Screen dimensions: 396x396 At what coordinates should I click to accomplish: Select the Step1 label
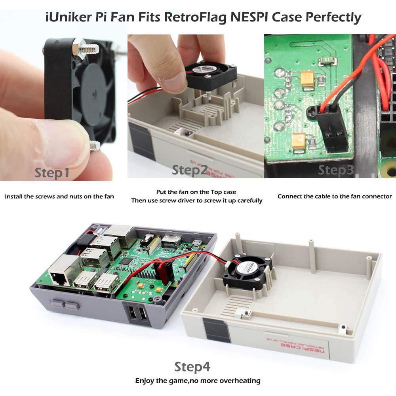52,173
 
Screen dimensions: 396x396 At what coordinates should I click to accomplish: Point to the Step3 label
336,170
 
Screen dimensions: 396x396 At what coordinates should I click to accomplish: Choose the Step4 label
192,367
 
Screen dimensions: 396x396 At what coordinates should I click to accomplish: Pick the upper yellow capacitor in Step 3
307,78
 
